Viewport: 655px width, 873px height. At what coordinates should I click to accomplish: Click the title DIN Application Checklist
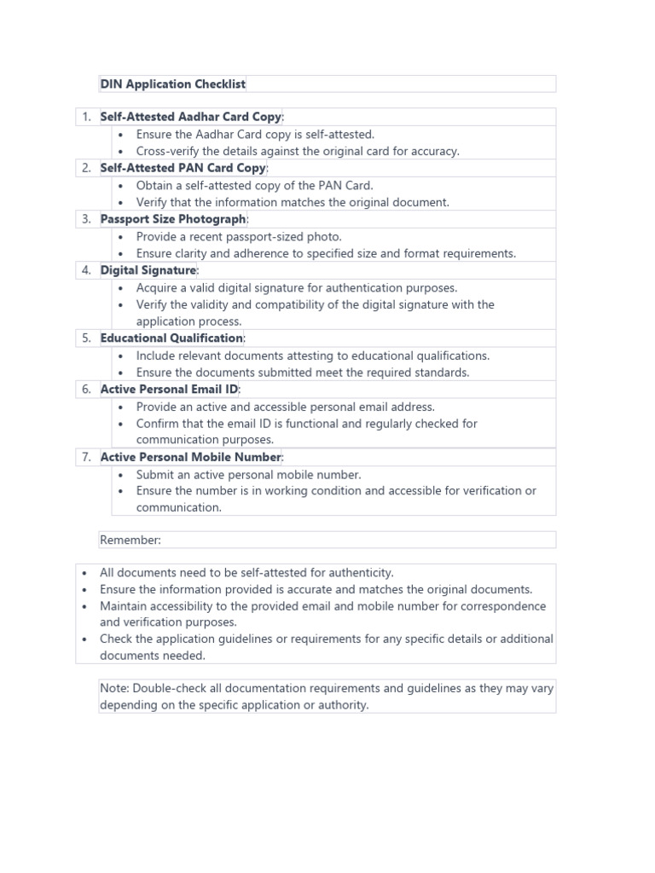[172, 84]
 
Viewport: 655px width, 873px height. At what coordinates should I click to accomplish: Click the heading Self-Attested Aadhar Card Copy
[190, 117]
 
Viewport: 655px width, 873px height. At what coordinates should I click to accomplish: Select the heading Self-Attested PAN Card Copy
[183, 168]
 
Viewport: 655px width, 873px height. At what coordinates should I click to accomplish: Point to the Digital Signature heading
[148, 270]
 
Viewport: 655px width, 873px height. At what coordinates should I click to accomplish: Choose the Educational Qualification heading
[171, 338]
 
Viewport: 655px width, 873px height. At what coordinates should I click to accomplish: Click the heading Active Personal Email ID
[170, 390]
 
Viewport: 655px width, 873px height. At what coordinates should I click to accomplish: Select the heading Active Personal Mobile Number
[190, 457]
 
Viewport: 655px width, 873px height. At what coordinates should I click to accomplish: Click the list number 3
[86, 219]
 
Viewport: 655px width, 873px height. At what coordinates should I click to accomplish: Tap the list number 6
[86, 390]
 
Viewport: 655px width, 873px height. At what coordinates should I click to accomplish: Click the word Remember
[130, 540]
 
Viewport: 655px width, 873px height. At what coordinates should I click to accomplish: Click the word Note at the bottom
[113, 689]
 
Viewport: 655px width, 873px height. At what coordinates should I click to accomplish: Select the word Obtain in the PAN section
[155, 185]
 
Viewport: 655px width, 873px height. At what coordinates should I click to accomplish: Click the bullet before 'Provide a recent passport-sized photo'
[121, 237]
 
